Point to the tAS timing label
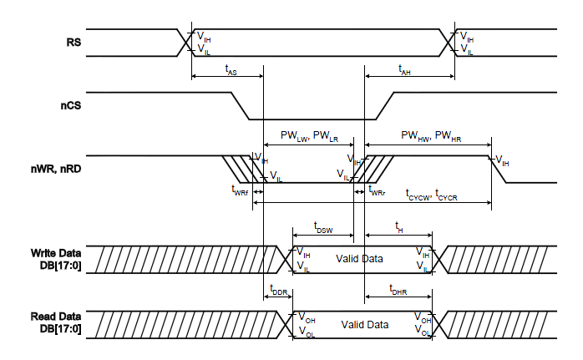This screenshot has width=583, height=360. (231, 72)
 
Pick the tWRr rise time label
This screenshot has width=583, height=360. (377, 191)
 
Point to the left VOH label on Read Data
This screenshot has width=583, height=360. (307, 317)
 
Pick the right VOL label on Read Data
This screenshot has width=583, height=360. (423, 332)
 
